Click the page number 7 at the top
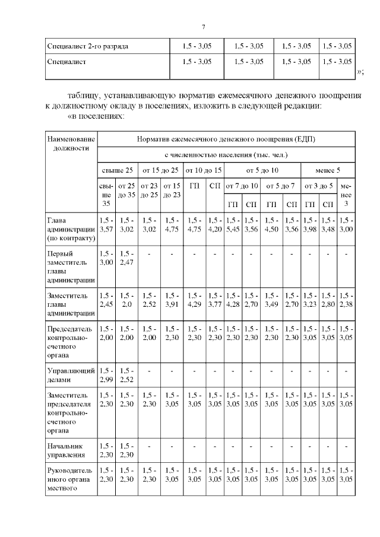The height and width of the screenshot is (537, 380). pyautogui.click(x=203, y=27)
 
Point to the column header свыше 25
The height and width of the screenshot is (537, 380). pyautogui.click(x=117, y=170)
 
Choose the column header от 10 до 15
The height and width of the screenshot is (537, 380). pyautogui.click(x=201, y=170)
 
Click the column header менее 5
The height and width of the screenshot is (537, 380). pyautogui.click(x=328, y=170)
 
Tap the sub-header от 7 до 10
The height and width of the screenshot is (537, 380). pyautogui.click(x=242, y=186)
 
